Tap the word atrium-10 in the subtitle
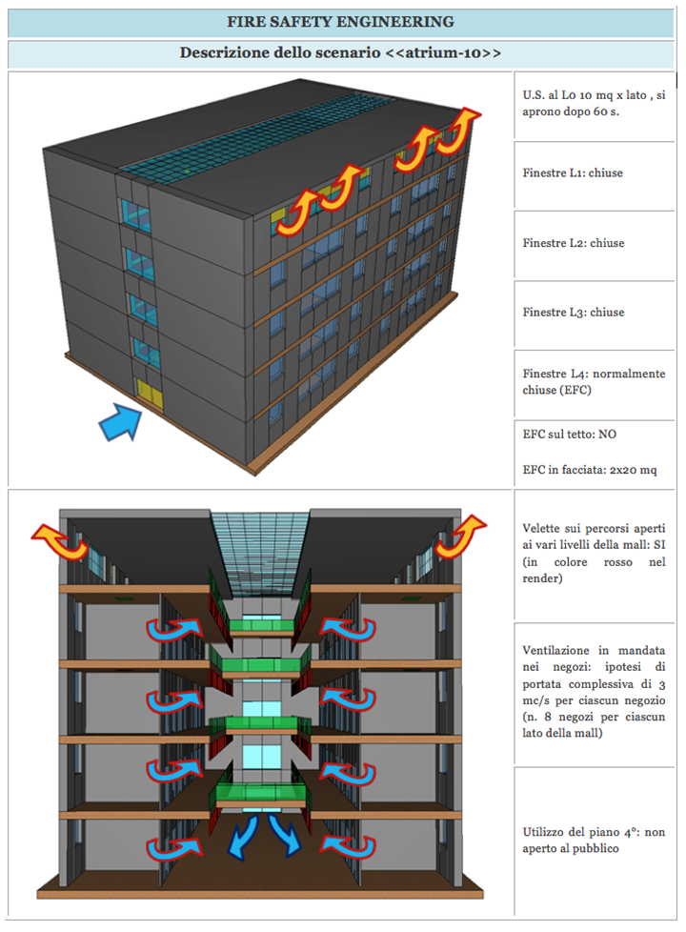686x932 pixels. pos(443,52)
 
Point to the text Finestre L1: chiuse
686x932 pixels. pos(574,173)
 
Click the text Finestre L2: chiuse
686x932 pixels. pos(574,243)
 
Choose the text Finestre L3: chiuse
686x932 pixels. pos(574,312)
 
